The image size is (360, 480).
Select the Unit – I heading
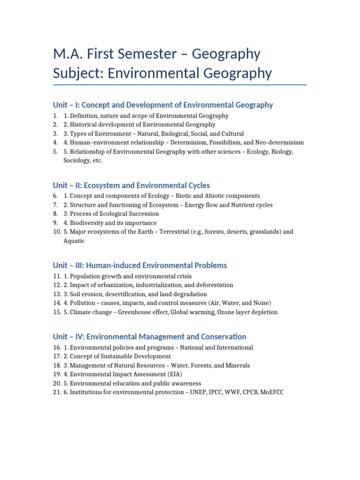(163, 105)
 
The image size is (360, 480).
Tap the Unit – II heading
(131, 185)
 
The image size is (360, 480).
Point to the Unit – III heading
(140, 265)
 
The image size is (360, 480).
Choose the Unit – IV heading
(150, 337)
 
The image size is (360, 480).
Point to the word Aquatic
(74, 241)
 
